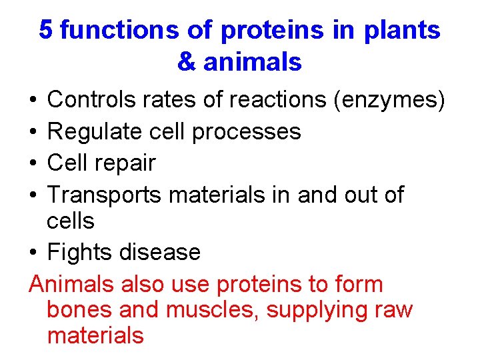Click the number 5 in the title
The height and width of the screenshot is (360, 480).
46,31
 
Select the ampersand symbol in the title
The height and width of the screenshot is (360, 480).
187,62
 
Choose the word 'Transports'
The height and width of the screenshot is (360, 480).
105,194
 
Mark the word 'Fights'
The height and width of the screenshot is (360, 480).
80,252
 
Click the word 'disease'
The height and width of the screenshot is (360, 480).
160,252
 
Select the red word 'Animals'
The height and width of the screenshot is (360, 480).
73,284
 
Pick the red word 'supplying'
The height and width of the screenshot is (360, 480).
313,310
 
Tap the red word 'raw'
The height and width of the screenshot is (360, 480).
394,310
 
